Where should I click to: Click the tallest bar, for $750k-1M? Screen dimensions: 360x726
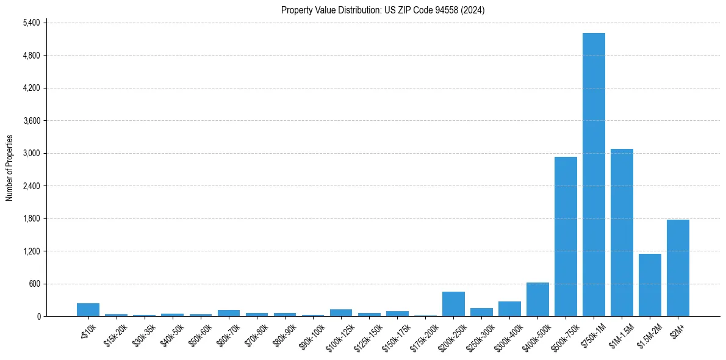click(x=594, y=175)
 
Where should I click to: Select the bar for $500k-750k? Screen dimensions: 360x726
click(x=566, y=237)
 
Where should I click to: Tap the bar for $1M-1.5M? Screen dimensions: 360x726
click(x=622, y=232)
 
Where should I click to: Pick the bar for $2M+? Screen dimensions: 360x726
click(x=678, y=268)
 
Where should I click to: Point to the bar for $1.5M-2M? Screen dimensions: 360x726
click(x=650, y=285)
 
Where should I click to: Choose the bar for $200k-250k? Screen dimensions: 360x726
click(x=453, y=304)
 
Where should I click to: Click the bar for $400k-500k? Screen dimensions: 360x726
click(x=537, y=300)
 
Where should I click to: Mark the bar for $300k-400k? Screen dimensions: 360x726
click(x=509, y=309)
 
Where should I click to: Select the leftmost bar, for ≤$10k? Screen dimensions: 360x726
click(x=88, y=310)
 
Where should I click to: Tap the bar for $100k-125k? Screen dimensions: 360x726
click(x=341, y=313)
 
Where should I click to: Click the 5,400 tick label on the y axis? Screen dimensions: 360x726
click(x=31, y=23)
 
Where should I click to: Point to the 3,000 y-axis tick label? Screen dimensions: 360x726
click(x=31, y=153)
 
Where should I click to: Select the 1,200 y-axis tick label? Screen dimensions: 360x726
click(x=31, y=251)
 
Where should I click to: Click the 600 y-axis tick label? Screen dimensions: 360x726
click(x=35, y=284)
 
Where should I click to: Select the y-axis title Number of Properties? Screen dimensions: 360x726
click(x=10, y=168)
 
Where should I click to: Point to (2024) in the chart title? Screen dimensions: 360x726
click(x=473, y=10)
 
